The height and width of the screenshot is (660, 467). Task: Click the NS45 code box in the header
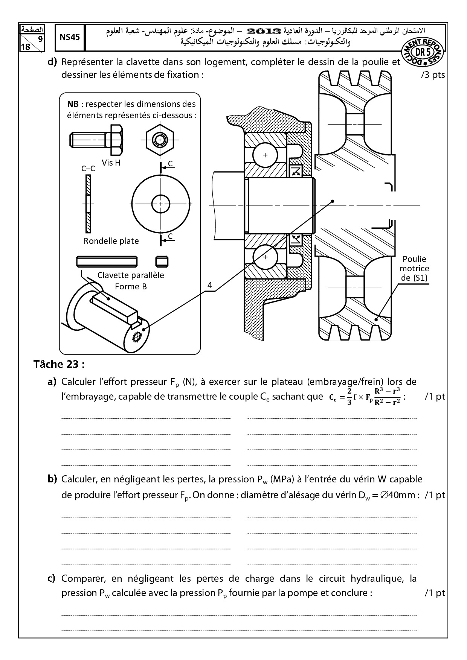point(70,38)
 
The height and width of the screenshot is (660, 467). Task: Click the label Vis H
point(111,163)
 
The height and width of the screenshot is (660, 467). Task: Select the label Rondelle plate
point(111,241)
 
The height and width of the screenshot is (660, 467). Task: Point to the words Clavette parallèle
point(131,275)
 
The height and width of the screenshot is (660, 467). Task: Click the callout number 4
point(210,285)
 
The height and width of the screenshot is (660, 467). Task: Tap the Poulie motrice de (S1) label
point(414,268)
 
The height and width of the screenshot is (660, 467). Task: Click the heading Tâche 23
point(59,364)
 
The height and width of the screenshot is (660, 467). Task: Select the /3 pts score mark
point(433,75)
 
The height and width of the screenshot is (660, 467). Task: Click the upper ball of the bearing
point(265,155)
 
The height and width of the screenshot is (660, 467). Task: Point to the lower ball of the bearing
point(266,257)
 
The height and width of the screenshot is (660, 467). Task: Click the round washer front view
point(161,204)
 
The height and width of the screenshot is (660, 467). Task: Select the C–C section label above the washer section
point(88,169)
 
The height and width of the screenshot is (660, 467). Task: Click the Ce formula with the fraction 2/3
point(364,396)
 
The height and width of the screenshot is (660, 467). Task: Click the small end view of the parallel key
point(162,261)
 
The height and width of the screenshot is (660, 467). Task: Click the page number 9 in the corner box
point(40,40)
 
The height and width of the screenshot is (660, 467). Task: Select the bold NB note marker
point(73,104)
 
